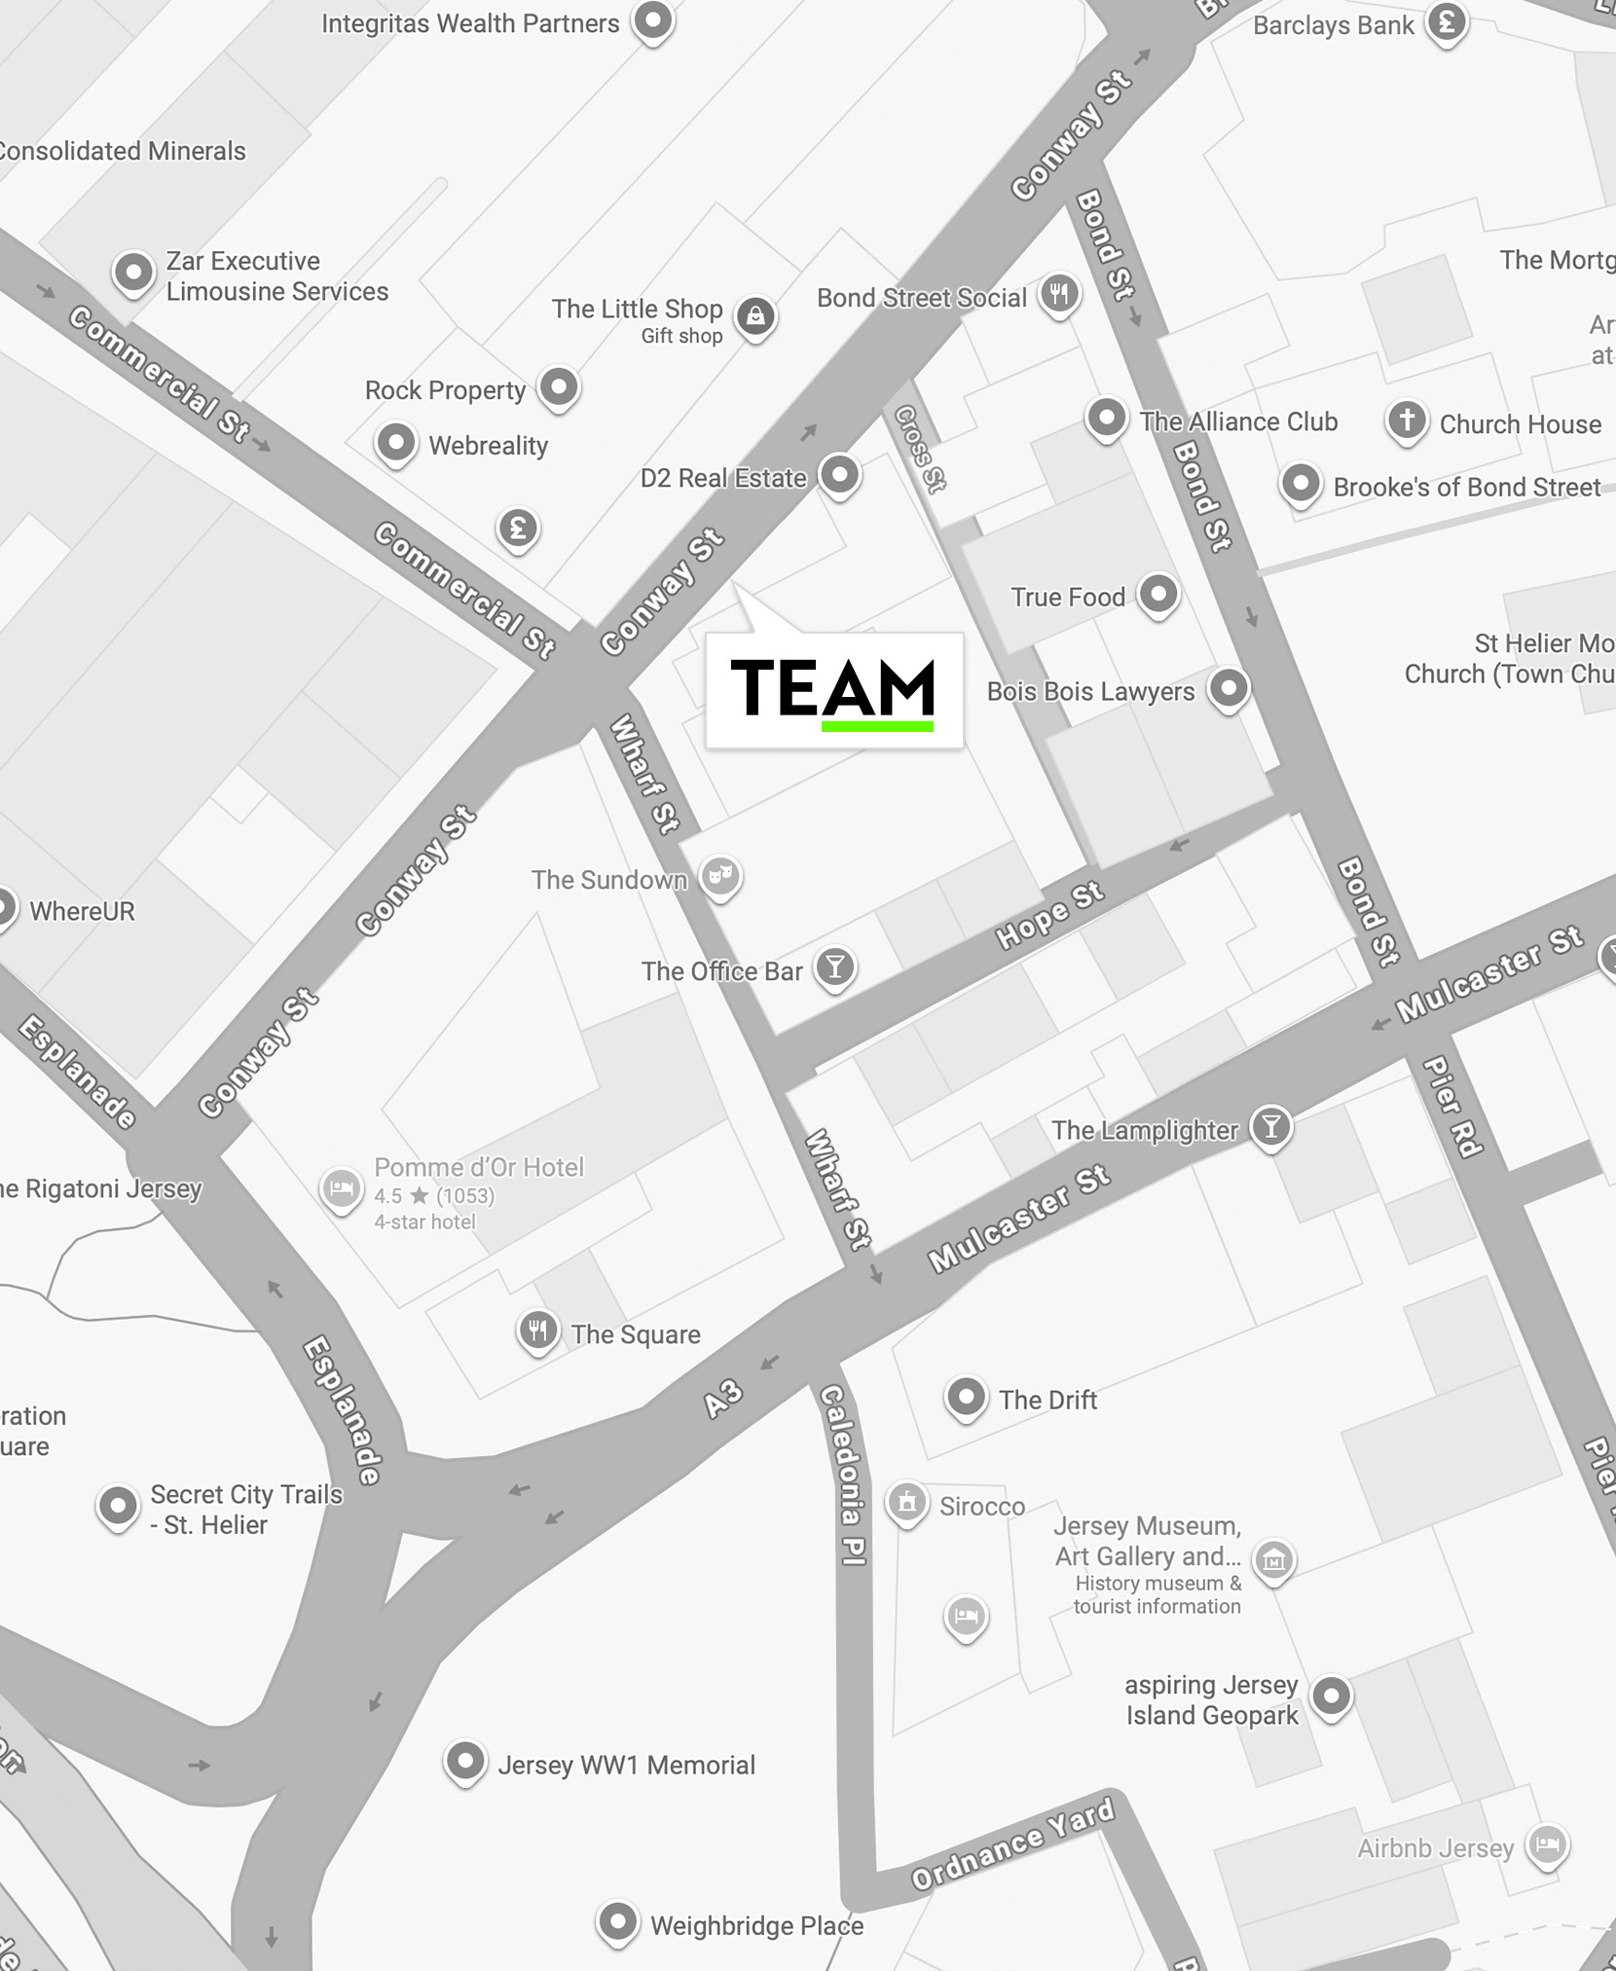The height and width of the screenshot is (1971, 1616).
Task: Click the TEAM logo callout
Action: pos(833,689)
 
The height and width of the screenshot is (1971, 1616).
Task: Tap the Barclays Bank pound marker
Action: pos(1447,21)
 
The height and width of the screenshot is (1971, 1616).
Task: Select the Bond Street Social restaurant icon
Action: pos(1059,293)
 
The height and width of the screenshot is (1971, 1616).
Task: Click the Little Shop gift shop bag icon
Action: pos(755,315)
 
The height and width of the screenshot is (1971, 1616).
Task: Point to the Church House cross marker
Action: pos(1407,420)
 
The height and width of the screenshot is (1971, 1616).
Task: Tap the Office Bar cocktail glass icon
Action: pos(834,967)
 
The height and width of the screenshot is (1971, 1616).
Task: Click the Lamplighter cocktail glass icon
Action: pos(1270,1127)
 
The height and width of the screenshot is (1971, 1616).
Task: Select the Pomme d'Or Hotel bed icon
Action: pos(342,1188)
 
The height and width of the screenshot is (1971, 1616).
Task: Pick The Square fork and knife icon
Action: pos(538,1330)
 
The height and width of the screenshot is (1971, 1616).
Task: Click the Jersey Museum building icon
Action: pos(1273,1560)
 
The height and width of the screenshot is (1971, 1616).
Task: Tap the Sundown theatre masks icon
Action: pos(720,875)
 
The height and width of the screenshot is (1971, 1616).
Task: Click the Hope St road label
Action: pos(1049,915)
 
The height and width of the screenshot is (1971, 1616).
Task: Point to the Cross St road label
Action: pos(920,449)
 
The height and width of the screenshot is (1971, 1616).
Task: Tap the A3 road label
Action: pos(723,1399)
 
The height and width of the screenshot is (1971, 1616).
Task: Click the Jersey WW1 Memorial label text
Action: pos(626,1765)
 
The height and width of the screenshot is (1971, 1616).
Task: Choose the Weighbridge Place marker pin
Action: pos(617,1921)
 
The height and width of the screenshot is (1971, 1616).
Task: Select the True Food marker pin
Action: pos(1158,593)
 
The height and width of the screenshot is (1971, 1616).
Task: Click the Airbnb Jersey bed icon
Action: pos(1547,1843)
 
